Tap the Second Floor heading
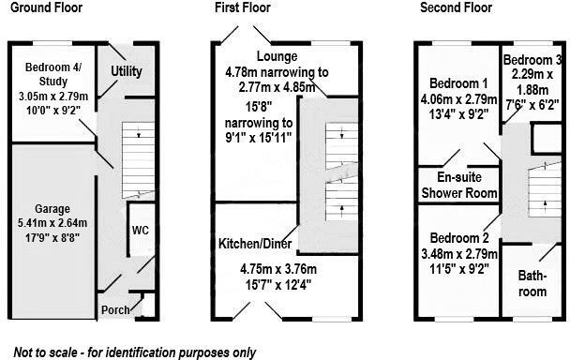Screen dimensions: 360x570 (456, 7)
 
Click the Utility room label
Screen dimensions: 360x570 (126, 71)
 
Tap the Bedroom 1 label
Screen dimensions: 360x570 (455, 82)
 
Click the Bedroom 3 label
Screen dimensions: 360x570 (532, 61)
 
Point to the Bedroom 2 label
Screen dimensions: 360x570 (457, 237)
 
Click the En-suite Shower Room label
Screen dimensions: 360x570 (459, 186)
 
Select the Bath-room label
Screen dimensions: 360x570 (532, 284)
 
